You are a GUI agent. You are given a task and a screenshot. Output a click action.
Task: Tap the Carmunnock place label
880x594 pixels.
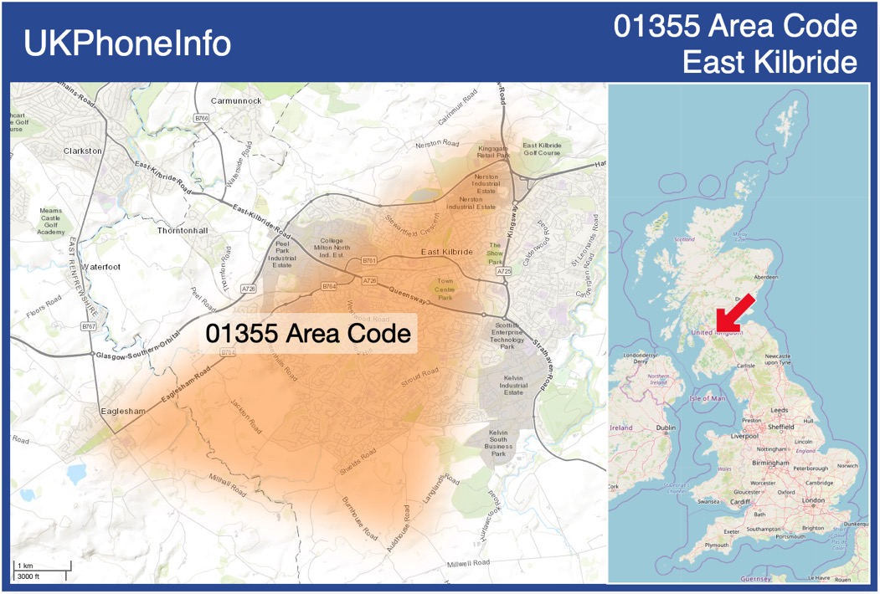click(x=236, y=100)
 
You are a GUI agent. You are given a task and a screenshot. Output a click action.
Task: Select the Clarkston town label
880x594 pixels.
click(x=82, y=151)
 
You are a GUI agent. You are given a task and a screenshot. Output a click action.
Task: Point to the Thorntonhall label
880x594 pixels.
click(x=183, y=230)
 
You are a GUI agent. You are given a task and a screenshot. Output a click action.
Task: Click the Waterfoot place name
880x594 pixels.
click(x=101, y=267)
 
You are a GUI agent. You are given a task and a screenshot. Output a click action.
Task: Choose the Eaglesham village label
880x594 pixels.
click(x=123, y=411)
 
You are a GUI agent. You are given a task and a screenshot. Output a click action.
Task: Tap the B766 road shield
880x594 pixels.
click(x=201, y=119)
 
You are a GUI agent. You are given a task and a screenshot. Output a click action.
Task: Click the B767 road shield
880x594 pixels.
click(x=89, y=325)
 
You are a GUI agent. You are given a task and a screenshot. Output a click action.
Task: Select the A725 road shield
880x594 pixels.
click(x=503, y=272)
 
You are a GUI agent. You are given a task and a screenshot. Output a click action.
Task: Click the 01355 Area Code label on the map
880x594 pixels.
click(x=310, y=334)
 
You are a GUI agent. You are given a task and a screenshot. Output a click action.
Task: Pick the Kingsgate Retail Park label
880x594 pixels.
click(x=493, y=151)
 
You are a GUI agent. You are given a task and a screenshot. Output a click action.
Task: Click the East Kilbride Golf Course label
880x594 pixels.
click(x=542, y=149)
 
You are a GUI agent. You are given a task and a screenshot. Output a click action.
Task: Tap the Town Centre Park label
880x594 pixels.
click(x=444, y=289)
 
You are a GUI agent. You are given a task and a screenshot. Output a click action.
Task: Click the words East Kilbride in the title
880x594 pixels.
click(x=769, y=62)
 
